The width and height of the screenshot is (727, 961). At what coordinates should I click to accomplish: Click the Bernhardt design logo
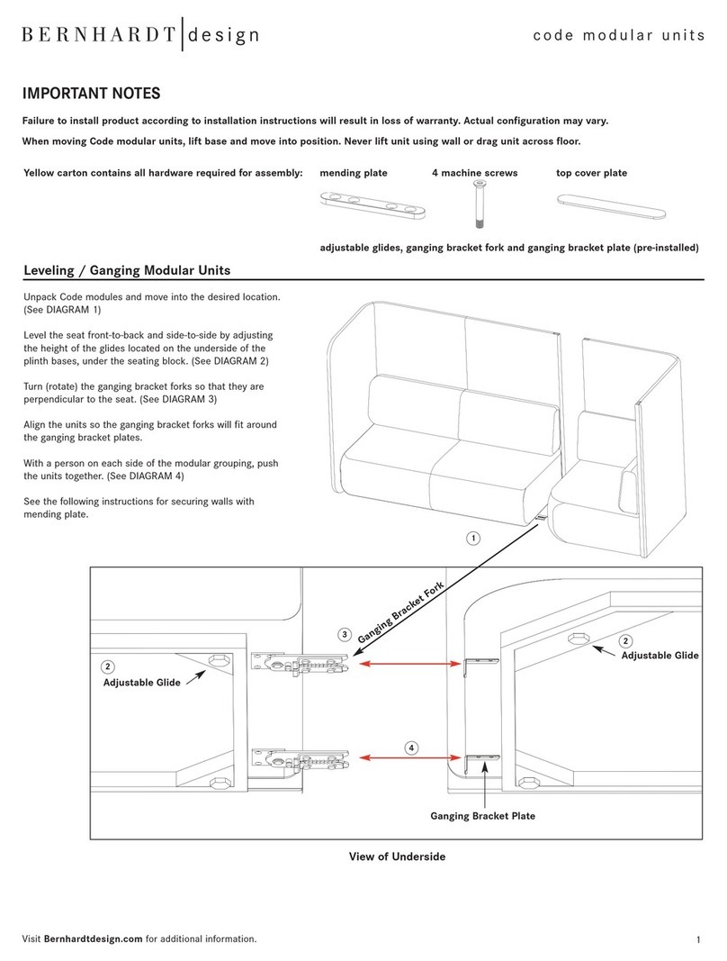coord(140,34)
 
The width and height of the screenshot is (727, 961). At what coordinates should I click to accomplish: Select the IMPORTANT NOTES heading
coord(91,93)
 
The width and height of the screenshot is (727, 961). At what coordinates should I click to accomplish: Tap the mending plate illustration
coord(372,205)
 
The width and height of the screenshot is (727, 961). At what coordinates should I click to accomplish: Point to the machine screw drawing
coord(479,204)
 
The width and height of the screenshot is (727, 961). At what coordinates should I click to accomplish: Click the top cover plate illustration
coord(611,206)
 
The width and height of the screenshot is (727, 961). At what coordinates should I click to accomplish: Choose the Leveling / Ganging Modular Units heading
coord(127,270)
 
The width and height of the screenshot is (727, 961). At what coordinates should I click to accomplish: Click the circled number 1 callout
coord(473,538)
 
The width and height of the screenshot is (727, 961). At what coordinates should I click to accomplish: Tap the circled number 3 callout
coord(345,634)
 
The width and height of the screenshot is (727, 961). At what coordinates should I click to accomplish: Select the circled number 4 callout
coord(411,748)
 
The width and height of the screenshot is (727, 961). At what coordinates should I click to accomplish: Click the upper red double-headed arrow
coord(410,663)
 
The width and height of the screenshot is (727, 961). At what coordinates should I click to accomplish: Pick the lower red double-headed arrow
coord(410,758)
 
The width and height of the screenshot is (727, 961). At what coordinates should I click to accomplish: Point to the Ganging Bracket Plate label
coord(482,816)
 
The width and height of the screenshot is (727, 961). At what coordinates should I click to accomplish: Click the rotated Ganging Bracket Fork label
coord(400,612)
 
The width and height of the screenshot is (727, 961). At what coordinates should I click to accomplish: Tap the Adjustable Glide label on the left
coord(141,682)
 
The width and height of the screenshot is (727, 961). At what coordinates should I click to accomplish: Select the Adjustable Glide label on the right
coord(660,655)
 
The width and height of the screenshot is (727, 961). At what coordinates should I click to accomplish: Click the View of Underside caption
coord(397,857)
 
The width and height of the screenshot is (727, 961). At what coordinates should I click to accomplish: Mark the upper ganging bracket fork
coord(301,665)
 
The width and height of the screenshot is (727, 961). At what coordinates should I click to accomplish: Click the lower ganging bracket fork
coord(301,758)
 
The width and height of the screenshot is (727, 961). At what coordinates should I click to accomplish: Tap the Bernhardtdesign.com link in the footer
coord(93,938)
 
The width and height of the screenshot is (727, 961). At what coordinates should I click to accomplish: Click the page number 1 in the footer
coord(699,939)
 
